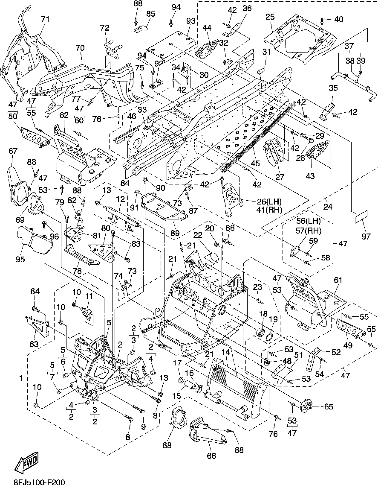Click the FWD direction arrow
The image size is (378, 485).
coord(26,462)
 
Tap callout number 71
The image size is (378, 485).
coord(45,19)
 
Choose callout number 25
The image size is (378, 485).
coord(270,17)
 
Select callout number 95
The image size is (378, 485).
coord(20,259)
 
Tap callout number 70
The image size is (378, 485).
coord(80,48)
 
